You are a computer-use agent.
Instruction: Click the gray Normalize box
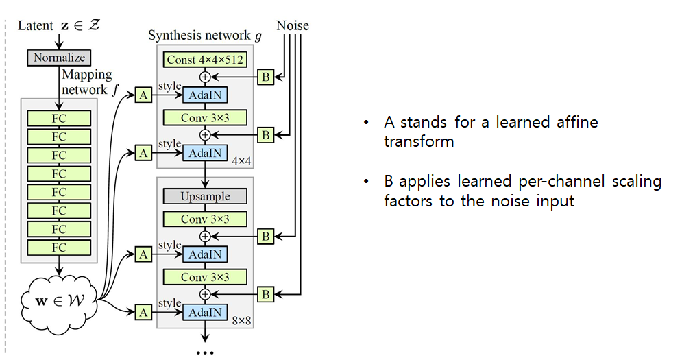pyautogui.click(x=58, y=58)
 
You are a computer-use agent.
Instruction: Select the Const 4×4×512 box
pyautogui.click(x=205, y=60)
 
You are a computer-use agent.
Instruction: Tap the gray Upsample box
pyautogui.click(x=205, y=197)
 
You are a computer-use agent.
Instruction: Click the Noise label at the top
pyautogui.click(x=293, y=26)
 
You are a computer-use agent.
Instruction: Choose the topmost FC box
pyautogui.click(x=59, y=119)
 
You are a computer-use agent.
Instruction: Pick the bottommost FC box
pyautogui.click(x=59, y=247)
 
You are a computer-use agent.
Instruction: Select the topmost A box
pyautogui.click(x=143, y=95)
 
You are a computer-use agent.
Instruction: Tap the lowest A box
pyautogui.click(x=143, y=313)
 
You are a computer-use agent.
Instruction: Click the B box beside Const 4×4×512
pyautogui.click(x=266, y=77)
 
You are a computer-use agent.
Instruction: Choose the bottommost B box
pyautogui.click(x=266, y=294)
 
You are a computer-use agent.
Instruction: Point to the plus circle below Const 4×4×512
pyautogui.click(x=204, y=77)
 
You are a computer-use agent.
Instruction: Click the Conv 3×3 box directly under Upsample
pyautogui.click(x=205, y=219)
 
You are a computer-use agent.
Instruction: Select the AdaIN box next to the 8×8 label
pyautogui.click(x=205, y=313)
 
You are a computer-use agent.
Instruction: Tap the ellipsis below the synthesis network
pyautogui.click(x=205, y=352)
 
